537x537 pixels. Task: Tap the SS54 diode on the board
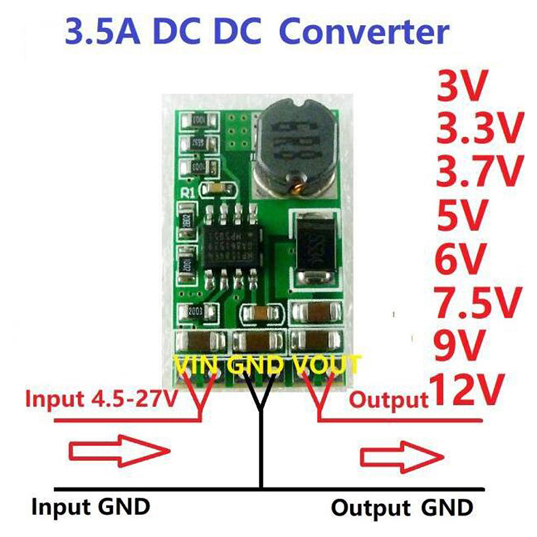pyautogui.click(x=316, y=250)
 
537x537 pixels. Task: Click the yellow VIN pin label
pyautogui.click(x=198, y=365)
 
